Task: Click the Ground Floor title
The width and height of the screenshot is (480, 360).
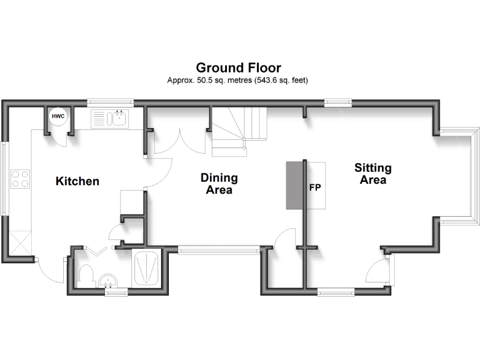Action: tap(238, 67)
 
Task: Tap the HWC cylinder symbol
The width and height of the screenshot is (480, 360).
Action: tap(58, 116)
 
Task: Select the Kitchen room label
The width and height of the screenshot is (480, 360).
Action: tap(77, 182)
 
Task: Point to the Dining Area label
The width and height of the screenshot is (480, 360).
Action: tap(219, 184)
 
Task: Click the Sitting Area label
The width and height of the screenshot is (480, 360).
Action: tap(373, 174)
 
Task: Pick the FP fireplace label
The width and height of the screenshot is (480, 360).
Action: tap(315, 187)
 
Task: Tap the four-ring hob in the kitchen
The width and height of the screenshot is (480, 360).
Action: tap(20, 179)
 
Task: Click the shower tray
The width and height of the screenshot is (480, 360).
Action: tap(147, 267)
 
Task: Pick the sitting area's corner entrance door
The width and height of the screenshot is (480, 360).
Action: tap(379, 271)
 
